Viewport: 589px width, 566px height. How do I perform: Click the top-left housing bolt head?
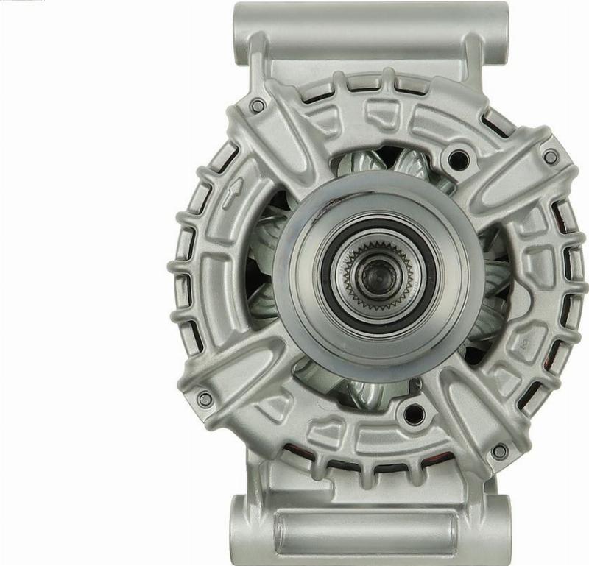(x=257, y=105)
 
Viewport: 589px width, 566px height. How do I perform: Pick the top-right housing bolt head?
(x=550, y=157)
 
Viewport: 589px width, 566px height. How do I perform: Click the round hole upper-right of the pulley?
(x=459, y=157)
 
